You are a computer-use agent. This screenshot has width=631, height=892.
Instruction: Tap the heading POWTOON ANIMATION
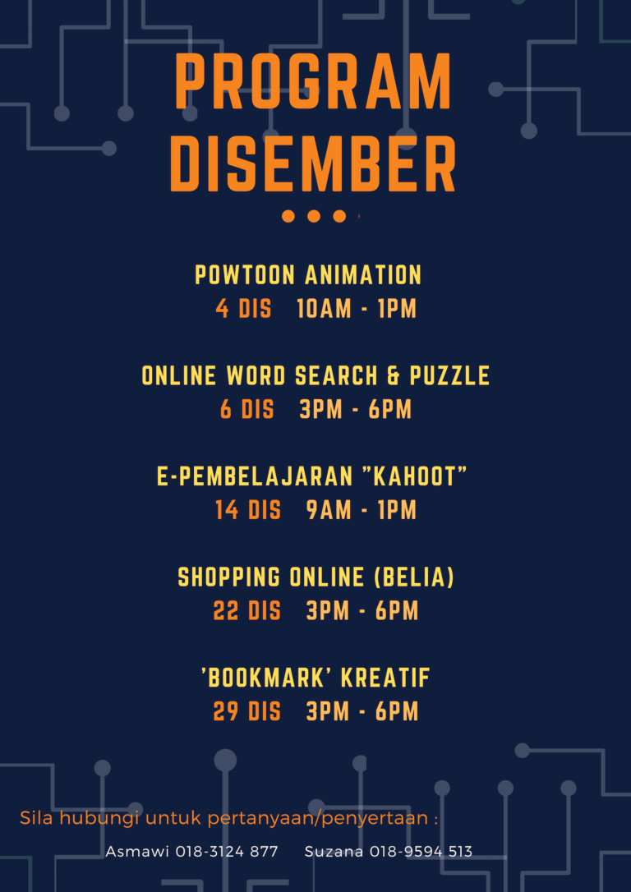[x=308, y=275]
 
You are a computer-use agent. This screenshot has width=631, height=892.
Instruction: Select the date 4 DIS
[x=243, y=309]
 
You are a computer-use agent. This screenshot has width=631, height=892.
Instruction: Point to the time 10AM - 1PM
[x=357, y=309]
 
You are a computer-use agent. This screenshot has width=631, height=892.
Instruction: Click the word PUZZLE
[x=449, y=376]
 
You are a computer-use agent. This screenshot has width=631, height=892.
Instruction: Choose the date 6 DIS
[x=246, y=410]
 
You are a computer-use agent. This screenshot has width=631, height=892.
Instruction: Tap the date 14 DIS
[x=248, y=510]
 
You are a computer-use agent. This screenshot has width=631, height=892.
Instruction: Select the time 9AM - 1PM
[x=362, y=510]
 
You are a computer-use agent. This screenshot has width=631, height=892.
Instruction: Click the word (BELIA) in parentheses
[x=414, y=577]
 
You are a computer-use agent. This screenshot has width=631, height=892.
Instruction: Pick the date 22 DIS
[x=246, y=611]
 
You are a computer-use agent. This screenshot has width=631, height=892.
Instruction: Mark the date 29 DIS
[x=246, y=711]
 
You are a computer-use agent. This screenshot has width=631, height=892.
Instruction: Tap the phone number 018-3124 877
[x=227, y=852]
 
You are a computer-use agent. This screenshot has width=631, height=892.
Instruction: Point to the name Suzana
[x=334, y=852]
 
